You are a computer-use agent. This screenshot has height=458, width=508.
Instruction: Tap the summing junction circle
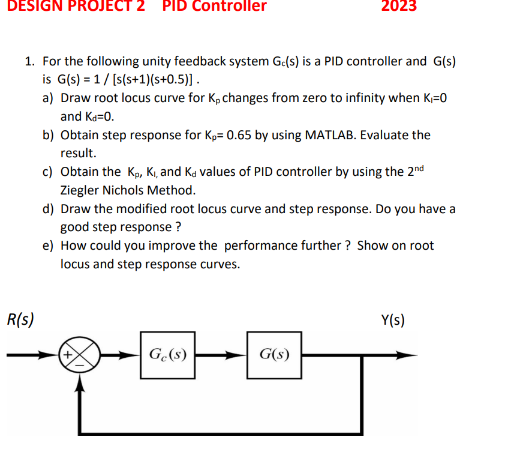[77, 355]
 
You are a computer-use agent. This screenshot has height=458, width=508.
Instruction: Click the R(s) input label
[20, 319]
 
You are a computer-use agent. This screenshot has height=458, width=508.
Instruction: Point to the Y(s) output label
[393, 320]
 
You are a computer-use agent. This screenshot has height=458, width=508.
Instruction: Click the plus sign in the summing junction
[69, 355]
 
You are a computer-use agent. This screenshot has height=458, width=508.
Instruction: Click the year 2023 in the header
[399, 7]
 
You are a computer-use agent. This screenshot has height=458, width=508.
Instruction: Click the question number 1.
[29, 61]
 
